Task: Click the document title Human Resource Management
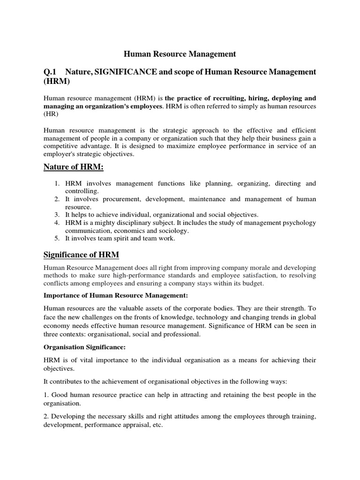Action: coord(180,54)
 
